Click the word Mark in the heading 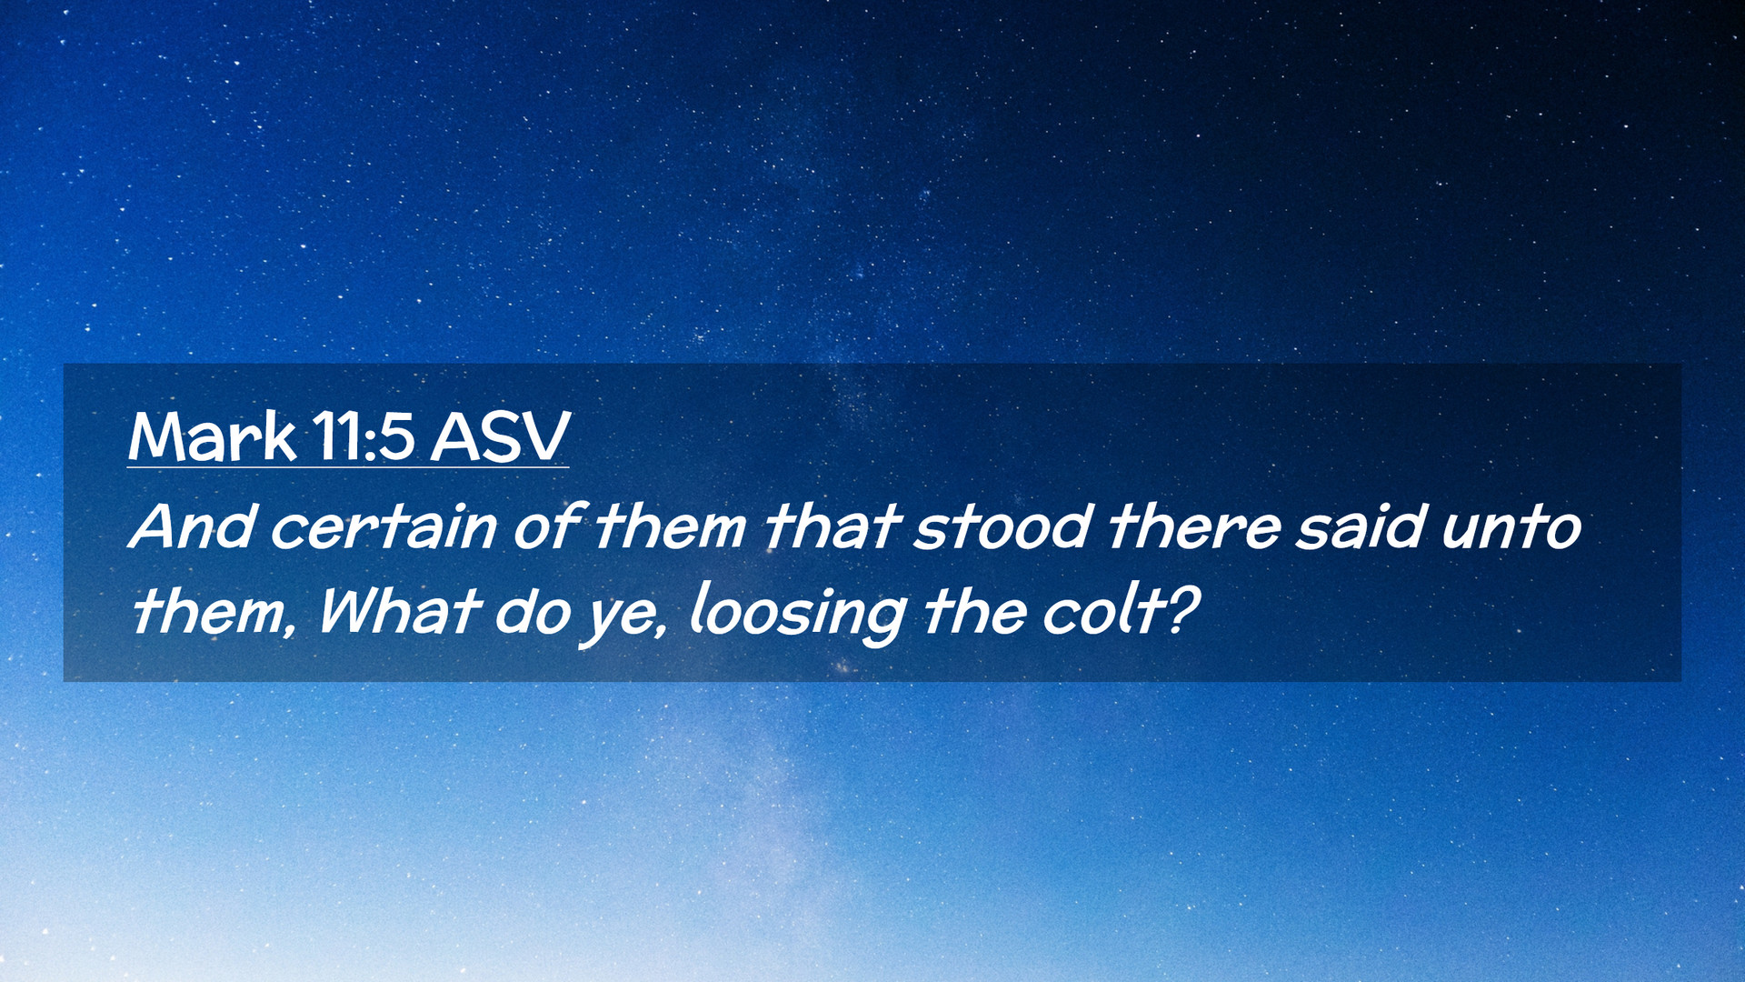coord(212,436)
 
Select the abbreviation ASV coord(500,436)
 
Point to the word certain coord(384,527)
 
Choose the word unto coord(1511,527)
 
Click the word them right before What coord(214,611)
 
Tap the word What coord(398,611)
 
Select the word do coord(531,611)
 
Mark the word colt coord(1104,611)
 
